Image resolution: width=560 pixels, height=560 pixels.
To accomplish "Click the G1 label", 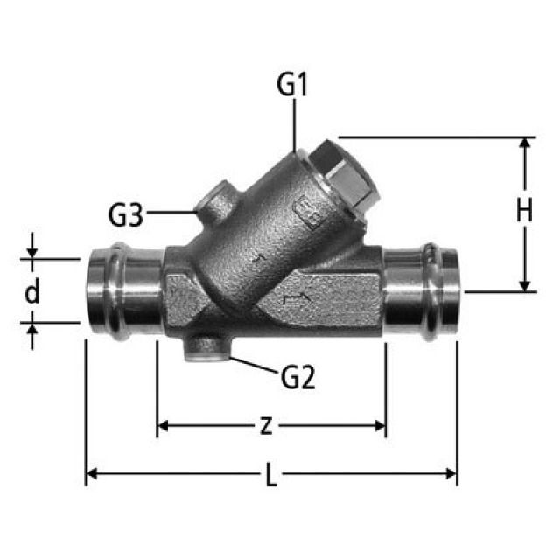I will [293, 86].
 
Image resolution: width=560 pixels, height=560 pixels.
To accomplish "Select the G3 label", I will [128, 213].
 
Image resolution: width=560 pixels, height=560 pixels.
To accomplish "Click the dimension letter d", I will [32, 291].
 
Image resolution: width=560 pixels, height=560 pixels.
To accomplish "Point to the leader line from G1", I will [294, 122].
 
